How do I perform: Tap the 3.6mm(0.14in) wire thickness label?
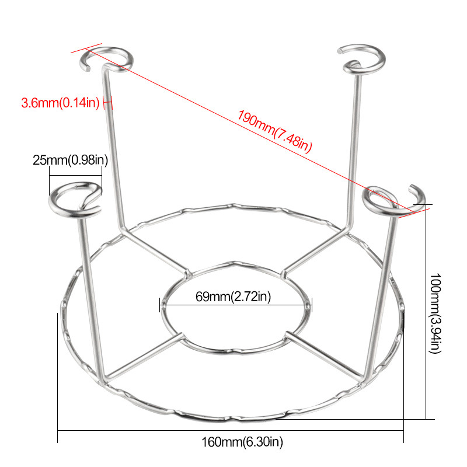(60, 103)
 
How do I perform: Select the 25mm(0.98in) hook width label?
(70, 159)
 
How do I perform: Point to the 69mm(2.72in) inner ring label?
(233, 296)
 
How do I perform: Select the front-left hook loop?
(74, 200)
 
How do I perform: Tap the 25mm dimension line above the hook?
(75, 169)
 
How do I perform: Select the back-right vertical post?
(353, 146)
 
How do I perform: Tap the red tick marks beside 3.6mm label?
(107, 103)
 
